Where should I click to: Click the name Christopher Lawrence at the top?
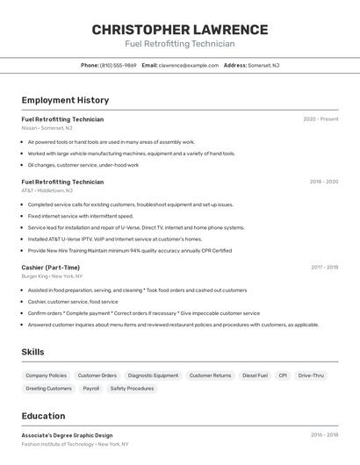click(x=180, y=29)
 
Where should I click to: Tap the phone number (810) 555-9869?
click(x=118, y=65)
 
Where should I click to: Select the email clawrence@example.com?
click(x=189, y=65)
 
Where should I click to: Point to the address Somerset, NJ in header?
click(x=263, y=65)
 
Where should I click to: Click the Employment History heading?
click(x=65, y=100)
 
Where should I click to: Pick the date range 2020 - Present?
click(x=320, y=119)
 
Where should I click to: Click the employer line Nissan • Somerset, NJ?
click(x=47, y=128)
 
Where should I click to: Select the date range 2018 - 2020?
click(x=323, y=182)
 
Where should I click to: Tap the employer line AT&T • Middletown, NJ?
click(x=47, y=190)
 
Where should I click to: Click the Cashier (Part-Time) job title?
click(x=50, y=268)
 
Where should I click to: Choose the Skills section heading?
click(x=33, y=352)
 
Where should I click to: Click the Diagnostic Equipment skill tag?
click(x=153, y=376)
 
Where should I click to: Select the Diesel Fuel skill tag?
click(x=255, y=376)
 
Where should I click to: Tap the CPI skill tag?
click(x=283, y=376)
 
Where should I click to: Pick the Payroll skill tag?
click(x=90, y=388)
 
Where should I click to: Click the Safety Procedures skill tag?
click(x=132, y=388)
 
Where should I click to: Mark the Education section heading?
click(x=43, y=416)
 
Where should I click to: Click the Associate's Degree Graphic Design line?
click(x=67, y=435)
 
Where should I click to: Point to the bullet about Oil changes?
click(x=83, y=165)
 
